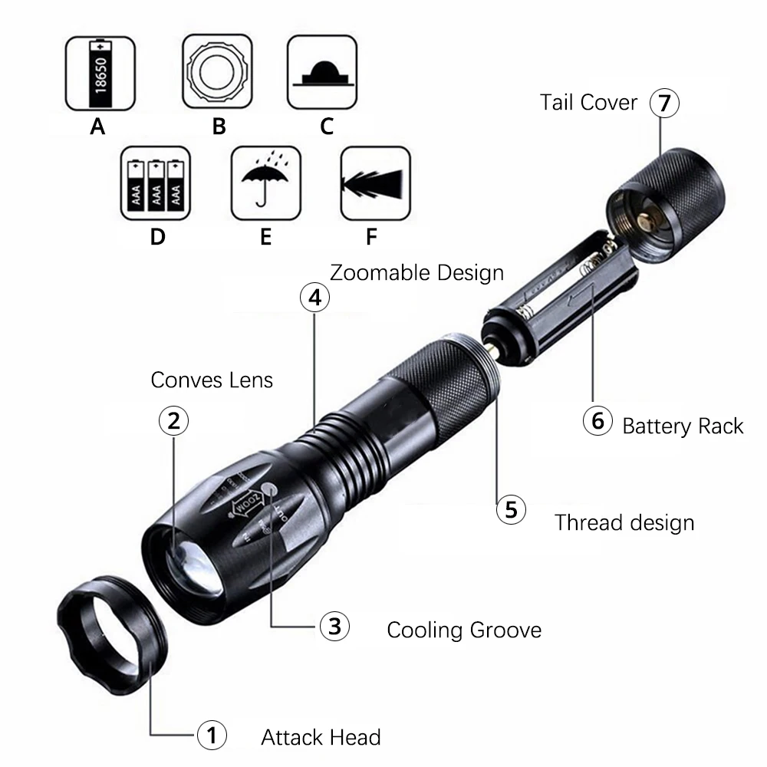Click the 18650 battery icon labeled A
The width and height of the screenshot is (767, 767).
tap(97, 75)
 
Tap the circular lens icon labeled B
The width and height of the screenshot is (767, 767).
tap(218, 75)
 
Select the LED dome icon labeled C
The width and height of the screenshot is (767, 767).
tap(322, 75)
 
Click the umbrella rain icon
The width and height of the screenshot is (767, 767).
tap(265, 182)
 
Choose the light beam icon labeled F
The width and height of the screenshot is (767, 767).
tap(374, 182)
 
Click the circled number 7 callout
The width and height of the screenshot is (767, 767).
tap(664, 104)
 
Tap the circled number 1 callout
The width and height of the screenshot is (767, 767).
tap(212, 737)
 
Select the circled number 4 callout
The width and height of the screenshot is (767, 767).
tap(314, 298)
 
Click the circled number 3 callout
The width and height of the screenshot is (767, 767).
tap(334, 627)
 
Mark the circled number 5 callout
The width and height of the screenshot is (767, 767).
tap(511, 509)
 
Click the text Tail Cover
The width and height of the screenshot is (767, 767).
tap(588, 103)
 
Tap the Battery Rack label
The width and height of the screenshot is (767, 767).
tap(683, 426)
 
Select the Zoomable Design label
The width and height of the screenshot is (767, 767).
tap(416, 272)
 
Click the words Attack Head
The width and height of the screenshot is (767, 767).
tap(321, 738)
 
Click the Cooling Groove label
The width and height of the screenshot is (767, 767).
tap(464, 630)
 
